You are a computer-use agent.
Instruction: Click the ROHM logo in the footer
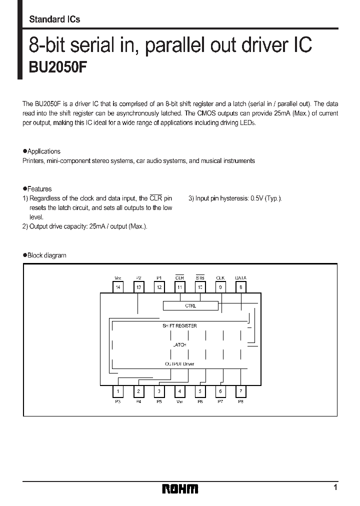pyautogui.click(x=180, y=488)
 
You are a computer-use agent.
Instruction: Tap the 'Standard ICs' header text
pyautogui.click(x=54, y=19)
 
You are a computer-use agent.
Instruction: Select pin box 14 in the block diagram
pyautogui.click(x=118, y=287)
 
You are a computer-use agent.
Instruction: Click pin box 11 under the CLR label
pyautogui.click(x=179, y=287)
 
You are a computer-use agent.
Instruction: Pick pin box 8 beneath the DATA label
pyautogui.click(x=241, y=287)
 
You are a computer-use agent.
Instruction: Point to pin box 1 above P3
pyautogui.click(x=118, y=391)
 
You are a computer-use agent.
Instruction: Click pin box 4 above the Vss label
pyautogui.click(x=179, y=391)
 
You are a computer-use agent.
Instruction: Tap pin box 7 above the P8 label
pyautogui.click(x=241, y=391)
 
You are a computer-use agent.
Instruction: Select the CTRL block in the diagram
pyautogui.click(x=190, y=305)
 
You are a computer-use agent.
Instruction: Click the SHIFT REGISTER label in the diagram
pyautogui.click(x=179, y=325)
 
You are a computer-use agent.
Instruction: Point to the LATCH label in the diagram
pyautogui.click(x=179, y=344)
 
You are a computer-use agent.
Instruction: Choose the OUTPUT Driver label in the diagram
pyautogui.click(x=179, y=364)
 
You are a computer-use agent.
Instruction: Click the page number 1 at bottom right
pyautogui.click(x=335, y=487)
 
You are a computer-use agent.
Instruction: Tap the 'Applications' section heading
pyautogui.click(x=44, y=151)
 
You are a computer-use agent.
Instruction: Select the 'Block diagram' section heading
pyautogui.click(x=46, y=255)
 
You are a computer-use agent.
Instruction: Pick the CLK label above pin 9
pyautogui.click(x=220, y=278)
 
